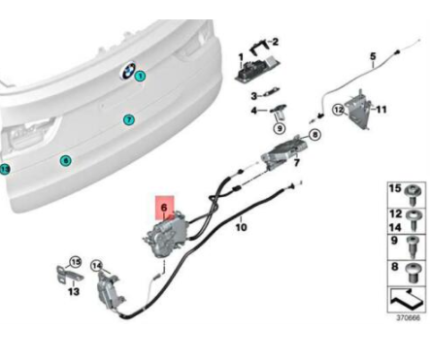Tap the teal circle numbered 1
pyautogui.click(x=140, y=75)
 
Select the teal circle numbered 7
pyautogui.click(x=128, y=119)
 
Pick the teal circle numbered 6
pyautogui.click(x=65, y=160)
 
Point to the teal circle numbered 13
pyautogui.click(x=4, y=169)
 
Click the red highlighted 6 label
pyautogui.click(x=165, y=207)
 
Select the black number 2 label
pyautogui.click(x=275, y=42)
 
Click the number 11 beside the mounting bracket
pyautogui.click(x=381, y=110)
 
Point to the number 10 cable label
pyautogui.click(x=241, y=228)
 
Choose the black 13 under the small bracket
pyautogui.click(x=74, y=290)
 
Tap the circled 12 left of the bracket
pyautogui.click(x=339, y=111)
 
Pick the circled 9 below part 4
pyautogui.click(x=278, y=127)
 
